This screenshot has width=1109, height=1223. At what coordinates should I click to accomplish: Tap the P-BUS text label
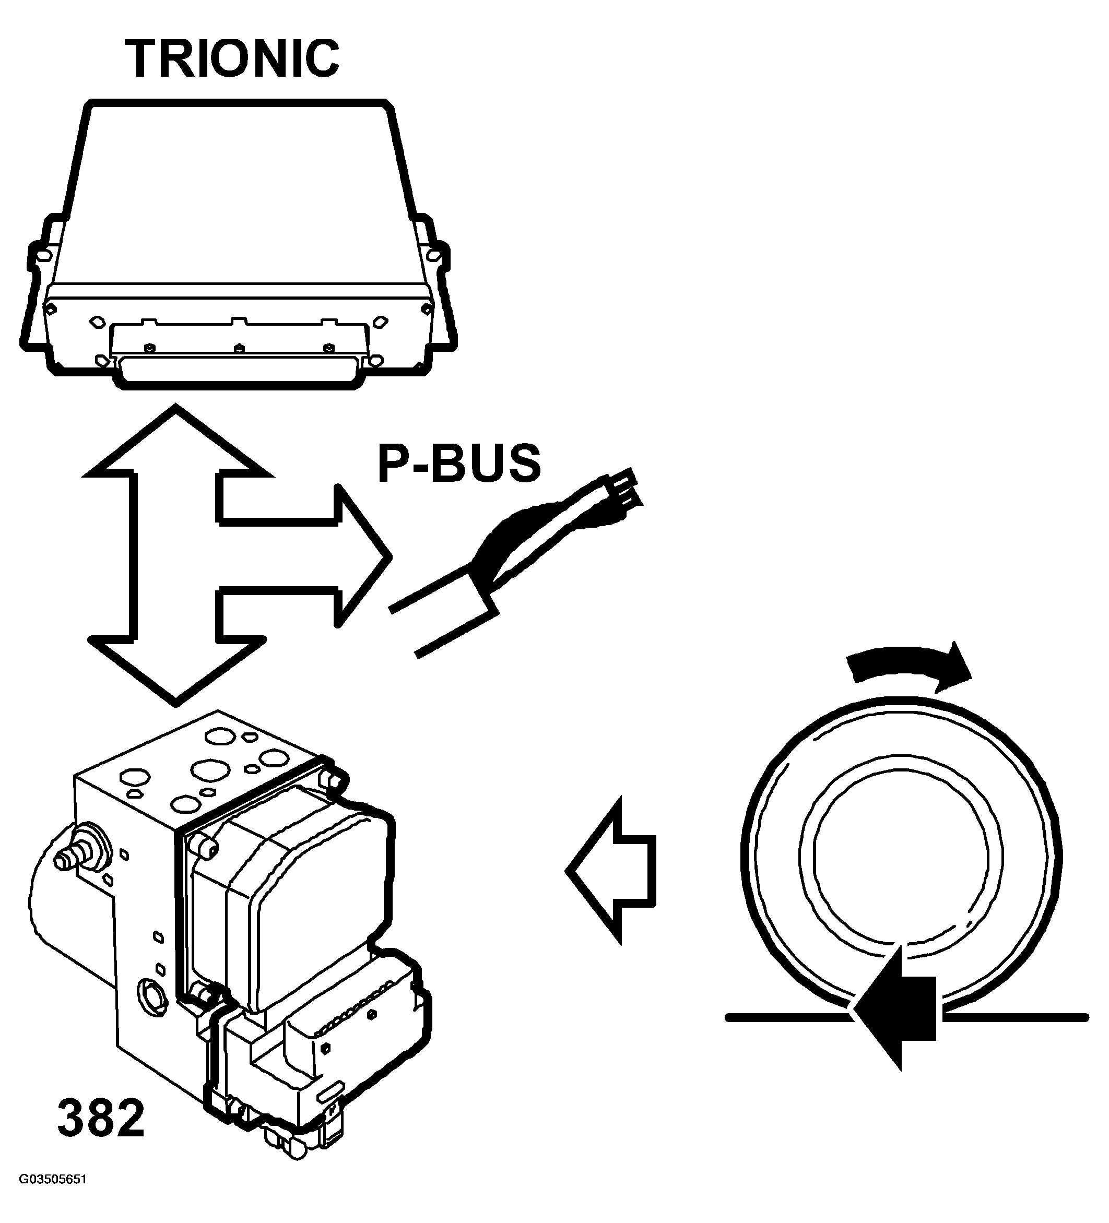[x=458, y=464]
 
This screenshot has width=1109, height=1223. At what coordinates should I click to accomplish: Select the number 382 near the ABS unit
[x=101, y=1119]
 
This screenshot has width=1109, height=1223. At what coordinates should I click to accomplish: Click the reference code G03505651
[x=53, y=1197]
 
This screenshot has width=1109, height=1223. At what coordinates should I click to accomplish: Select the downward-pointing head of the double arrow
[x=176, y=667]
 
